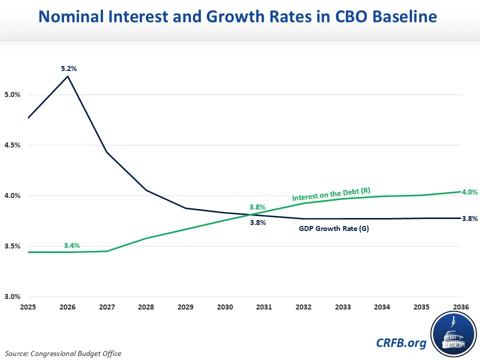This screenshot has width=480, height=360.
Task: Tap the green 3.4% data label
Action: (72, 245)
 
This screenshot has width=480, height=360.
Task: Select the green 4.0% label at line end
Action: (469, 192)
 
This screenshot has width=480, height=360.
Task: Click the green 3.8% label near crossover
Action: (257, 207)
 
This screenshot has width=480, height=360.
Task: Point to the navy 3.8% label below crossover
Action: (257, 223)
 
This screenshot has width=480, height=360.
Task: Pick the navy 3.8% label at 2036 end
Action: (469, 218)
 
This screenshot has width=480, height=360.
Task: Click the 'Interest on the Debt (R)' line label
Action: (331, 193)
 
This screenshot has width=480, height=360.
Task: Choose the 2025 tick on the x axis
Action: (28, 306)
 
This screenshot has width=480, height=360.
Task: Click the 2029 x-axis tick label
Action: (186, 306)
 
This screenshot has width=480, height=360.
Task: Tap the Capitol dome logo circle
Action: (453, 332)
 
